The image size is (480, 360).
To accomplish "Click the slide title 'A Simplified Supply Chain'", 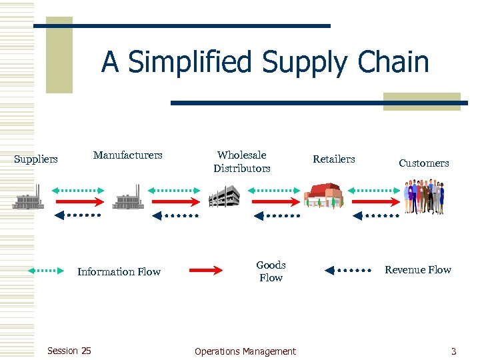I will point(265,63).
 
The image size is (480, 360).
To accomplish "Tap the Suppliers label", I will point(36,159).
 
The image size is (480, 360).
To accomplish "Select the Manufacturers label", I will point(127,155).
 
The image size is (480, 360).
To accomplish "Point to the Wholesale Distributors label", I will point(242,162).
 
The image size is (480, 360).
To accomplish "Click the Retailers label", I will point(334,159).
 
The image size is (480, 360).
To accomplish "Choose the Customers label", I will point(424,163).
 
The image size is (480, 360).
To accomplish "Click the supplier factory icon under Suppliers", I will point(29,199).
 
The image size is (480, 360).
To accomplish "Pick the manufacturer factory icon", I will point(127,199).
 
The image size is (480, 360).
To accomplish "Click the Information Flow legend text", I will point(119,271).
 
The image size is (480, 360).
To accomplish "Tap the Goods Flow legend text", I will point(271,271).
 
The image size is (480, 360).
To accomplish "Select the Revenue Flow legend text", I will point(418,270).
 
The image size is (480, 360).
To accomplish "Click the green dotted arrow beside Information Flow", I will point(46,271).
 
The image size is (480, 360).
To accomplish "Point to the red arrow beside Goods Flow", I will point(207,270).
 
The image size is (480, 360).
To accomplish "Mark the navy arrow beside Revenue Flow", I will point(348,270).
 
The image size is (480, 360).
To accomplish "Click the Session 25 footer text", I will point(69,351).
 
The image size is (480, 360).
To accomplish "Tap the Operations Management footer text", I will point(245,351).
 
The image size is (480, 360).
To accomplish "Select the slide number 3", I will point(454,351).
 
